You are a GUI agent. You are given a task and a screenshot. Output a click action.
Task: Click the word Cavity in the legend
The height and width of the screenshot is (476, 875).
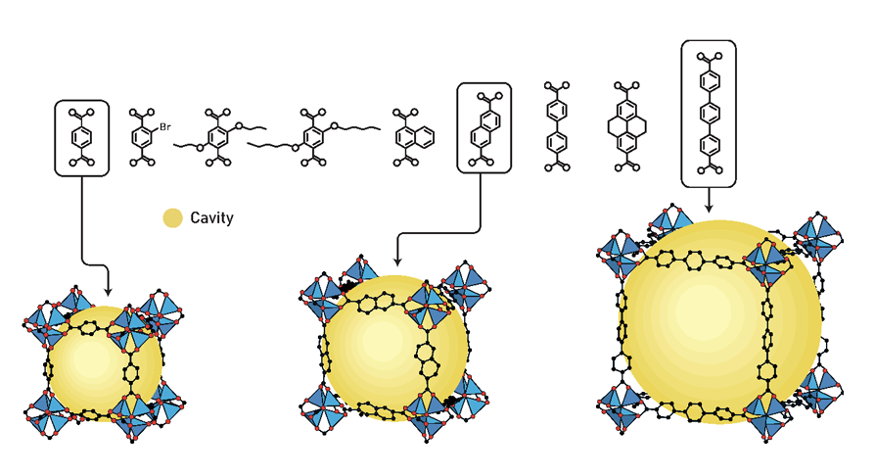[212, 218]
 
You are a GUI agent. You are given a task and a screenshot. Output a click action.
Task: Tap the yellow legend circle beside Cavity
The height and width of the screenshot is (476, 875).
[172, 218]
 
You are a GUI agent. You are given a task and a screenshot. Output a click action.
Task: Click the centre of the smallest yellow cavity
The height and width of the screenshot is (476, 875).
[106, 364]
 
